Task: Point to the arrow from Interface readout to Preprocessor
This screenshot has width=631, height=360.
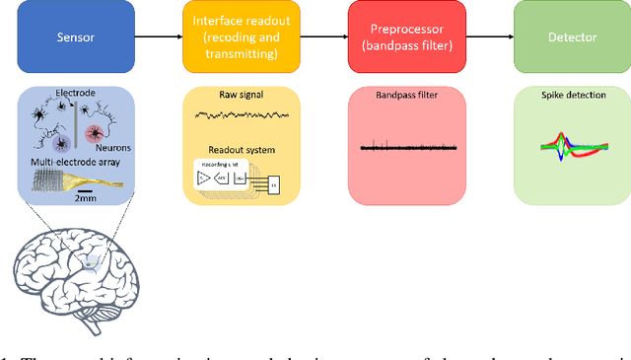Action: tap(313, 36)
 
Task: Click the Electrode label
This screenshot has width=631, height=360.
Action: tap(76, 93)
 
